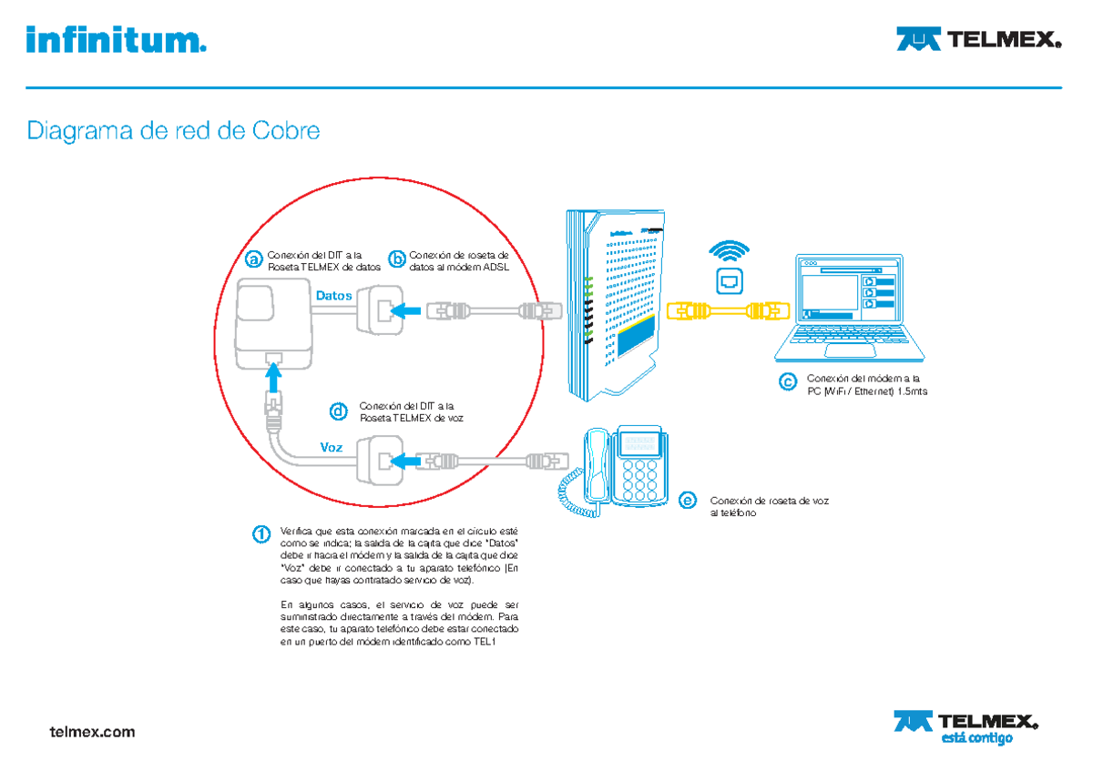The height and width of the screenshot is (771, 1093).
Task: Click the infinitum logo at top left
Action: tap(117, 40)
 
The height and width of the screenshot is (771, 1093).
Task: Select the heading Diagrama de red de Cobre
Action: tap(174, 131)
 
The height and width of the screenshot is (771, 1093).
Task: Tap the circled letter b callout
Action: tap(396, 260)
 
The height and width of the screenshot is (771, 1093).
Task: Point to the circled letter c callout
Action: tap(787, 383)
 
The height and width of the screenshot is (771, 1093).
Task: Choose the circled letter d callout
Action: tap(338, 412)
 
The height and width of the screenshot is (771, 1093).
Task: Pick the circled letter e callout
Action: tap(689, 501)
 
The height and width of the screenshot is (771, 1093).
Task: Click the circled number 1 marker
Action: tap(261, 533)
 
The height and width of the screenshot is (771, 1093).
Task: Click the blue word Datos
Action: tap(333, 296)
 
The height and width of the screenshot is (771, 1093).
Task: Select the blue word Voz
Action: tap(332, 447)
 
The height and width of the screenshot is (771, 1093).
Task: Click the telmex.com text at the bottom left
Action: tap(92, 731)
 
